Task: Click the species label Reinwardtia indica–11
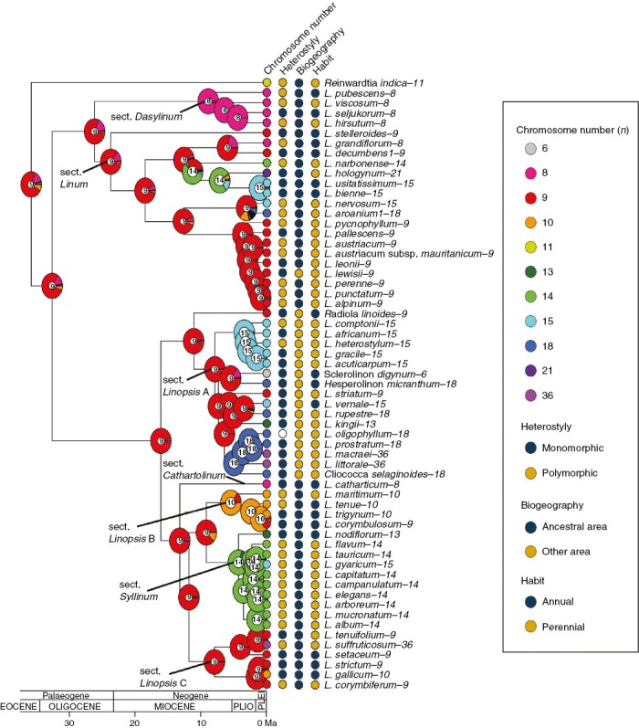(374, 83)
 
